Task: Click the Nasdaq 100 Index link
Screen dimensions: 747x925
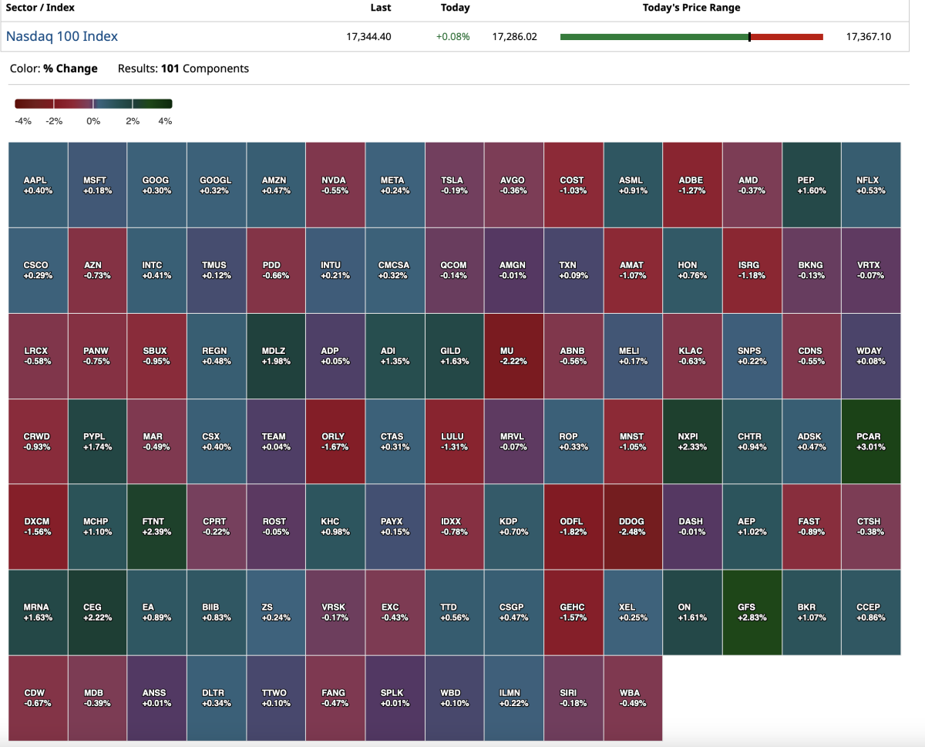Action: point(62,36)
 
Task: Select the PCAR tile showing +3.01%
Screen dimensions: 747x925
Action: point(870,441)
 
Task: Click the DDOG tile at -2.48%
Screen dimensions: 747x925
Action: point(632,527)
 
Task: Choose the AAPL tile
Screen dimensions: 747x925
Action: point(38,185)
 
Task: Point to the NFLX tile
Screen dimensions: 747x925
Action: point(870,185)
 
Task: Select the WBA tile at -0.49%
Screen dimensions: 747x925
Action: point(632,697)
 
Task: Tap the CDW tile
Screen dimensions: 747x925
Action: point(38,697)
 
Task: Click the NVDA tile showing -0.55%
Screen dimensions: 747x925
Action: point(334,185)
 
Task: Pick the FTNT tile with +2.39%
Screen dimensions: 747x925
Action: point(156,527)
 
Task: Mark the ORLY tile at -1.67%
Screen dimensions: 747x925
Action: point(334,441)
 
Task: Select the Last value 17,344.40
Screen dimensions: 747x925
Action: point(369,36)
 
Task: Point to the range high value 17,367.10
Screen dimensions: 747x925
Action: point(868,36)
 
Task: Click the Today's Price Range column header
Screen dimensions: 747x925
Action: point(691,8)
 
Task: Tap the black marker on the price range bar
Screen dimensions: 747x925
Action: point(749,36)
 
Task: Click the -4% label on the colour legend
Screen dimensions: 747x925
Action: point(23,121)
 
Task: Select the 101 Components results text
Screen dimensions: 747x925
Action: point(204,69)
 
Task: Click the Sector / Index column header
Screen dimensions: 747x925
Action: point(40,8)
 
